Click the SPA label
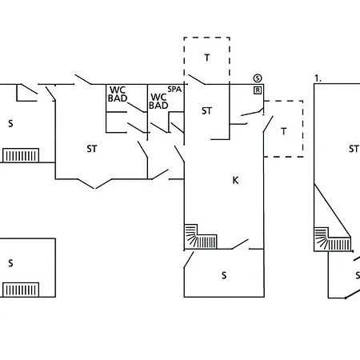(x=174, y=90)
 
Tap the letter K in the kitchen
(x=235, y=181)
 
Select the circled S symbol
(x=258, y=78)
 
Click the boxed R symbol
(x=258, y=90)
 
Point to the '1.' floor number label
(x=318, y=78)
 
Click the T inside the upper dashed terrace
(x=207, y=58)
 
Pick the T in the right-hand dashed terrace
(x=284, y=131)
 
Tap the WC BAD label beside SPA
(x=158, y=102)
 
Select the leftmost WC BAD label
(x=118, y=94)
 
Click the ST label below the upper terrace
(x=206, y=111)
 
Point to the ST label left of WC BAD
(x=92, y=149)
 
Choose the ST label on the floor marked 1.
(x=354, y=149)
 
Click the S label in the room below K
(x=224, y=275)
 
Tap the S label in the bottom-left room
(x=10, y=263)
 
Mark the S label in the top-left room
(x=10, y=123)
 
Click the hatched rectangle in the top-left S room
(x=21, y=155)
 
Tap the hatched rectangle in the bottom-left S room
(x=21, y=290)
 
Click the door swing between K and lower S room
(x=240, y=244)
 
